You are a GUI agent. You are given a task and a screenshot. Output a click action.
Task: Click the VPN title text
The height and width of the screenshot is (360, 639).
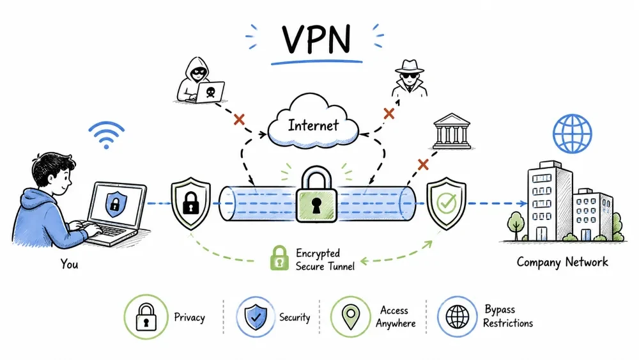tap(316, 39)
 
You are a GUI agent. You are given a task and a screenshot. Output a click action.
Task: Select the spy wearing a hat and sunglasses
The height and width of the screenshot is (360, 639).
tap(410, 78)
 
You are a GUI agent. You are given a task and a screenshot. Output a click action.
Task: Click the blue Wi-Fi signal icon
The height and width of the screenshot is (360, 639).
tap(106, 135)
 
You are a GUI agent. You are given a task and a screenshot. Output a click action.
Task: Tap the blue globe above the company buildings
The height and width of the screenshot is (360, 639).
tap(572, 134)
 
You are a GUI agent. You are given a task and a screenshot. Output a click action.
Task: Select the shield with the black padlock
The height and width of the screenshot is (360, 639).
tap(190, 203)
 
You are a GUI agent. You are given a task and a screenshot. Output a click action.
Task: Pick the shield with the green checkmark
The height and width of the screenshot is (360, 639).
tap(446, 203)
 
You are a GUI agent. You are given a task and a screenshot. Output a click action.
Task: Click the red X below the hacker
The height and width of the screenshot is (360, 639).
tap(239, 120)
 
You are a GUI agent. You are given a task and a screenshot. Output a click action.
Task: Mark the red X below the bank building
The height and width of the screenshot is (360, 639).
tap(424, 165)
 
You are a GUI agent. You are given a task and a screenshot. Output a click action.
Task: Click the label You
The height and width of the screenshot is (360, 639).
tap(69, 264)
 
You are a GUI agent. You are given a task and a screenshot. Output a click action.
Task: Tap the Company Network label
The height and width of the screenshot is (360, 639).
tap(562, 262)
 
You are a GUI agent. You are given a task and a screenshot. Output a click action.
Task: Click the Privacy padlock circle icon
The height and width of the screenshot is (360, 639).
tap(146, 317)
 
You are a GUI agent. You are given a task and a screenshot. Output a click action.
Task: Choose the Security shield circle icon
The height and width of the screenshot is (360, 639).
tap(256, 317)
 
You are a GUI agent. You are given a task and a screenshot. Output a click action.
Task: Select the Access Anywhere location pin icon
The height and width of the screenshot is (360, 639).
tap(350, 317)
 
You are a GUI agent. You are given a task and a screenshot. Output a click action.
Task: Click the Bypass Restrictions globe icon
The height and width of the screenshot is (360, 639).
tap(458, 317)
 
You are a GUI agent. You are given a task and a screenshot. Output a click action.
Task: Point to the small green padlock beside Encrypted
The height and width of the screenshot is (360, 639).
tap(279, 258)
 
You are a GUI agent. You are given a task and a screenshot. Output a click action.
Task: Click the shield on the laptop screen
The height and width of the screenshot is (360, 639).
tap(116, 204)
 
